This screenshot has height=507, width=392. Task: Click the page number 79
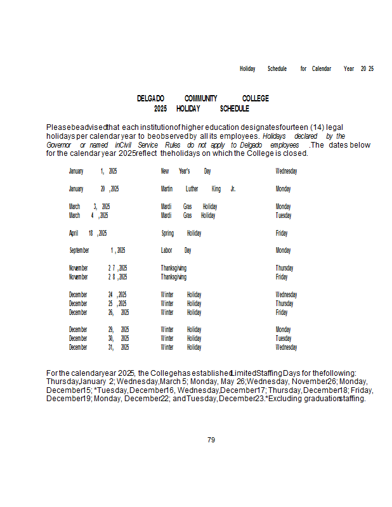tap(211, 440)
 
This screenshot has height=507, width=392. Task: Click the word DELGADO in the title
tap(150, 99)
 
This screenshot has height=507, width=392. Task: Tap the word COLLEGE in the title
tap(255, 99)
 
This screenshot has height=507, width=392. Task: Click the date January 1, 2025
tap(93, 171)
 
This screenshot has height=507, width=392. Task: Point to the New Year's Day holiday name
tap(185, 171)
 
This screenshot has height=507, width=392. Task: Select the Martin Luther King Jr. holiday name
tap(198, 189)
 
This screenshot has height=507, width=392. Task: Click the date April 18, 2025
tap(88, 233)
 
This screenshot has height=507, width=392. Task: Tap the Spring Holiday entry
tap(181, 233)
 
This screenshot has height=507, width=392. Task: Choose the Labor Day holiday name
tap(176, 250)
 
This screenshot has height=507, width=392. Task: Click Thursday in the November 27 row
tap(284, 268)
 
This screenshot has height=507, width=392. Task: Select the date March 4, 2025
tap(88, 215)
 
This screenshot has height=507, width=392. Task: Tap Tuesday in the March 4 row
tap(284, 215)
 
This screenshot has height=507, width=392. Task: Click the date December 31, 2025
tap(99, 347)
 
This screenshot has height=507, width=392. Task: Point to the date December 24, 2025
tap(98, 295)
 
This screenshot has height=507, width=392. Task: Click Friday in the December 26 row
tap(282, 312)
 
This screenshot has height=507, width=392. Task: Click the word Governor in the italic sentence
tap(58, 145)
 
